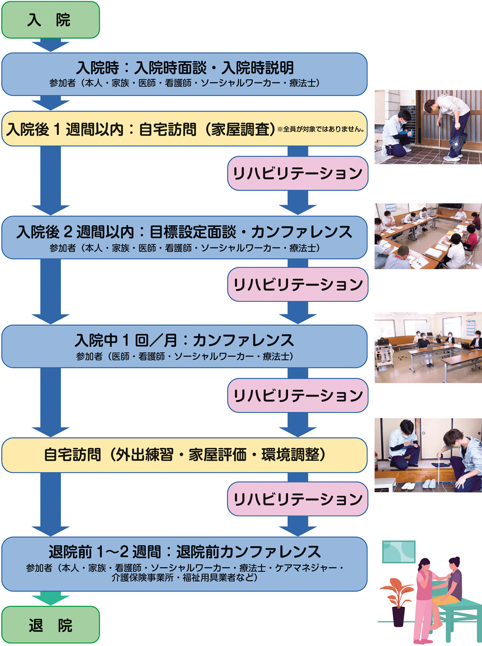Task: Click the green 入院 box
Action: (x=50, y=20)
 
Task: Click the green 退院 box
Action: (x=50, y=625)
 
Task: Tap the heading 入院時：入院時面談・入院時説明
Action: (x=185, y=68)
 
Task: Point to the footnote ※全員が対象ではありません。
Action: (x=321, y=129)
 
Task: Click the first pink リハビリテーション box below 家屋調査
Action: (x=297, y=173)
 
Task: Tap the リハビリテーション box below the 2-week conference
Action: (x=297, y=284)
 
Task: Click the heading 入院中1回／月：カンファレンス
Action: (x=185, y=340)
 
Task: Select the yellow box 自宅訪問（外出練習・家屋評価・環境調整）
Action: (x=185, y=455)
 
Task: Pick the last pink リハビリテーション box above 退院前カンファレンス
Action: (x=297, y=499)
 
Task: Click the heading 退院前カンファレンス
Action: (x=185, y=552)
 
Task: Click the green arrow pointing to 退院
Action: (x=50, y=598)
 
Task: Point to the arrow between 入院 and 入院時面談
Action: (x=50, y=45)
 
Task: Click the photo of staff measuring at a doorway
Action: (x=428, y=127)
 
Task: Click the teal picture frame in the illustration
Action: (x=399, y=552)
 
